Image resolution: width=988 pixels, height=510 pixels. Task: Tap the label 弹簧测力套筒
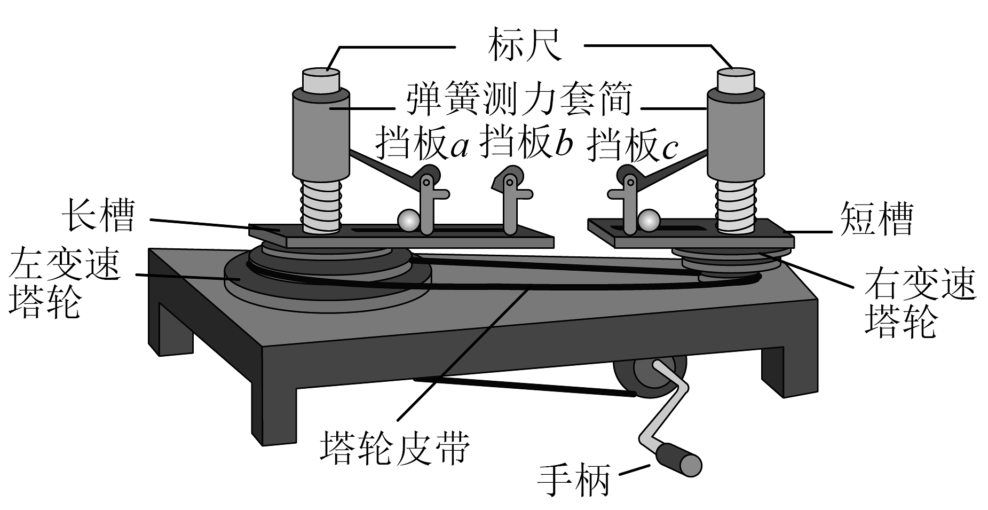click(x=519, y=100)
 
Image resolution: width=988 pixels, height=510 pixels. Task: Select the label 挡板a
click(x=421, y=143)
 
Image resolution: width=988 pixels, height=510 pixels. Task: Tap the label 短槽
click(x=876, y=219)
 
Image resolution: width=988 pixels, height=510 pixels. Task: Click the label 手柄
click(x=573, y=477)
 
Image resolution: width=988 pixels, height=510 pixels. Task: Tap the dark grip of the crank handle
click(x=678, y=460)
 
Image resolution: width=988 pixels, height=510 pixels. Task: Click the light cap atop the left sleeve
click(x=321, y=81)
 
